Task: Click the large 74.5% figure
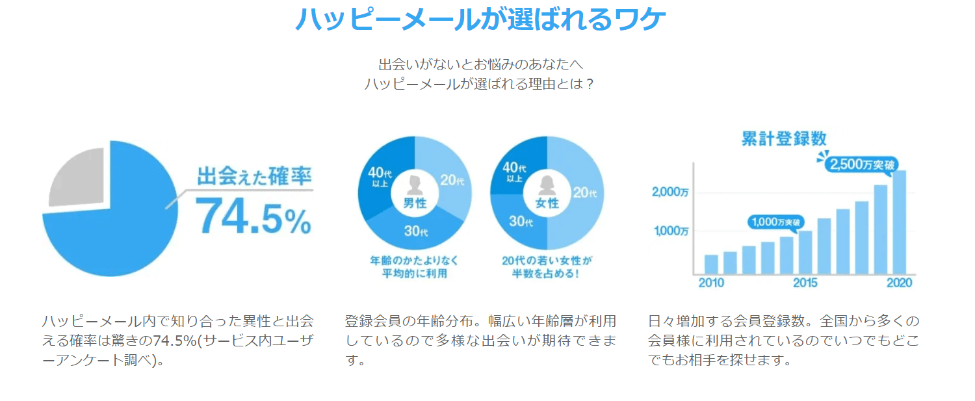tap(253, 215)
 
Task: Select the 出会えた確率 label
tap(254, 176)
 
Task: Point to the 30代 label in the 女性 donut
tap(520, 221)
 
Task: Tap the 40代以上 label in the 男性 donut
tap(380, 177)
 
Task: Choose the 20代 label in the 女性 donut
tap(584, 192)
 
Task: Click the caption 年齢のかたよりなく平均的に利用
tap(415, 266)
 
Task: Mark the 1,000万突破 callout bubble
tap(774, 222)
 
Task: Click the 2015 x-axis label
tap(805, 283)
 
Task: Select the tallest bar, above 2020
tap(900, 222)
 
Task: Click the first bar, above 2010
tap(711, 264)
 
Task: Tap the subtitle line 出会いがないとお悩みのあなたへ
tap(480, 64)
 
